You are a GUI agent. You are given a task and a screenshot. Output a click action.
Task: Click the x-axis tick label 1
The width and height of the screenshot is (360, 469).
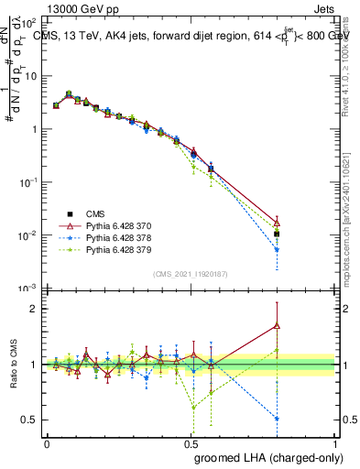[x=336, y=442]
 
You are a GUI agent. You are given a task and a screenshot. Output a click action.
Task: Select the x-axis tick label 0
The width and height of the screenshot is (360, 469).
[x=47, y=442]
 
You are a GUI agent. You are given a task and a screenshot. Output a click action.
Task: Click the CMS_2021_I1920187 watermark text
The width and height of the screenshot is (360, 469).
[x=191, y=273]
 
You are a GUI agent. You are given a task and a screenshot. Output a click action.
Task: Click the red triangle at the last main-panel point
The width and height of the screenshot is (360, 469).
[x=278, y=223]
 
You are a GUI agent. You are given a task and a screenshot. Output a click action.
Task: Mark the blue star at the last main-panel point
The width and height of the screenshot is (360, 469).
[x=278, y=249]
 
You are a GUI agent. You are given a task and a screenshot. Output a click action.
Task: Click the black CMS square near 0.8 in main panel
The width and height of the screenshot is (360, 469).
[x=278, y=234]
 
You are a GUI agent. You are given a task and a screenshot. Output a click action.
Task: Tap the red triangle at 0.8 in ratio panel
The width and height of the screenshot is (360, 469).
[x=278, y=325]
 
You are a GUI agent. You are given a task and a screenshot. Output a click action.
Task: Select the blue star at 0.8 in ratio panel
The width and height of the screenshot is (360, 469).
[x=278, y=419]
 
